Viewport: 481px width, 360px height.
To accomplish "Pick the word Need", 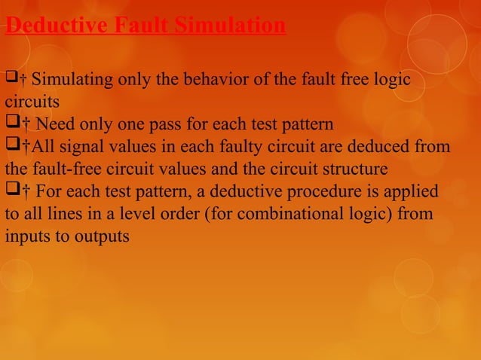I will click(x=54, y=124).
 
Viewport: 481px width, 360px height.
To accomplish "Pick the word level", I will click(x=128, y=213).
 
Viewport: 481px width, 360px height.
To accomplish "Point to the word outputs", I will click(x=104, y=236).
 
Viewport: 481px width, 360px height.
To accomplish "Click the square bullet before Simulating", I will click(x=11, y=79).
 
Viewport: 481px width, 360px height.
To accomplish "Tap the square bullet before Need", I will click(x=11, y=123).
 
